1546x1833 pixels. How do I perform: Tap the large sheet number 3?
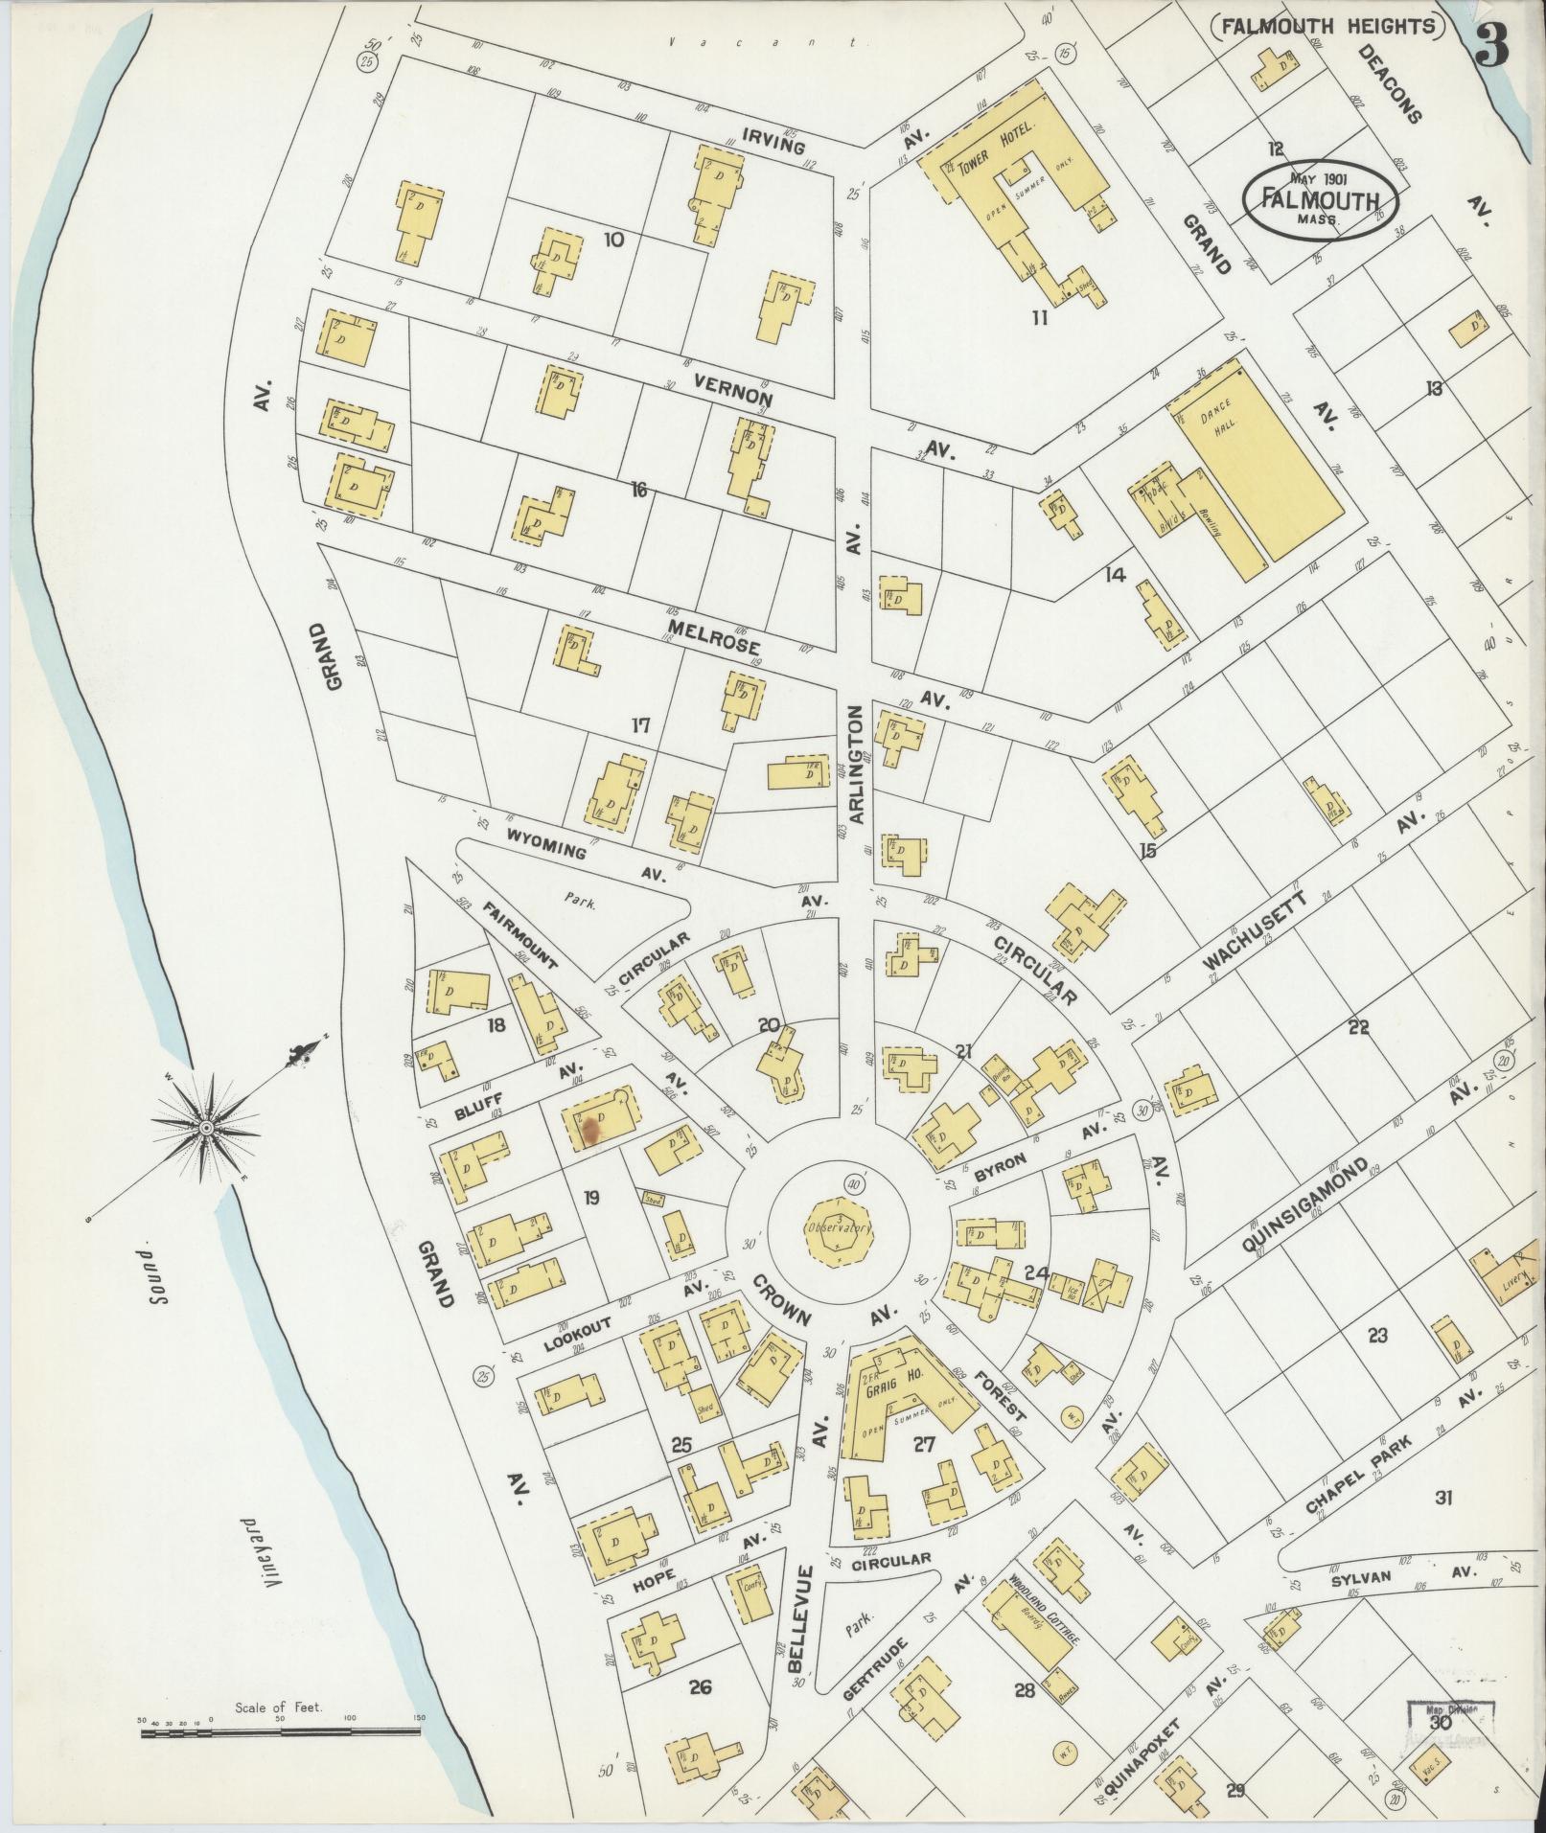point(1493,45)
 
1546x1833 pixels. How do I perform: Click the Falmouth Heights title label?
point(1327,26)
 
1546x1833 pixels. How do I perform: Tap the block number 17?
point(640,725)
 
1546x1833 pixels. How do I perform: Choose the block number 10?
point(613,239)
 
